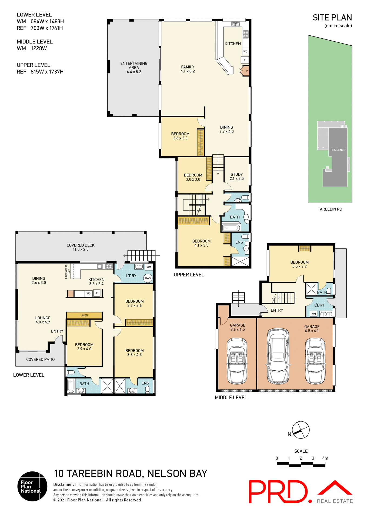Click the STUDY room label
point(236,174)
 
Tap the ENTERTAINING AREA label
point(134,65)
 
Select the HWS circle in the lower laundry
point(148,278)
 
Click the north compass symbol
point(301,430)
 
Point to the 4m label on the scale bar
point(325,458)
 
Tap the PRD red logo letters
point(278,492)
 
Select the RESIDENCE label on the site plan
point(338,150)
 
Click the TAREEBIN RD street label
point(330,209)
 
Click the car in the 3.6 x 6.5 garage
point(237,361)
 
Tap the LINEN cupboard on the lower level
point(84,315)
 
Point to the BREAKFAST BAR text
point(68,271)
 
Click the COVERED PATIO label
point(40,360)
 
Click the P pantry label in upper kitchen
point(246,71)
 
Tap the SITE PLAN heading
point(332,18)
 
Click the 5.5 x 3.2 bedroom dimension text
point(299,267)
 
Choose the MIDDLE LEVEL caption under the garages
point(231,397)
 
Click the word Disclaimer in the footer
point(64,484)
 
